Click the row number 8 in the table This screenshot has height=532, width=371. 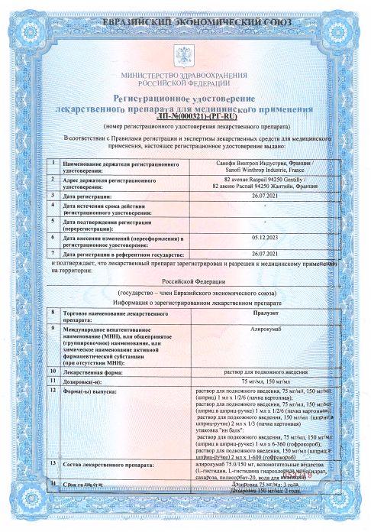52,312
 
